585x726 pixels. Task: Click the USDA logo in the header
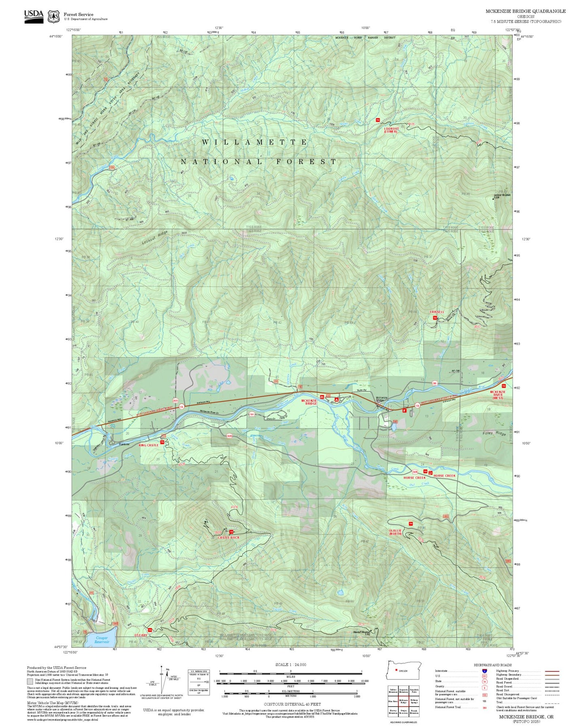click(34, 16)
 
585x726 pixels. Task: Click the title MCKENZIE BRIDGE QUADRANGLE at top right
click(525, 11)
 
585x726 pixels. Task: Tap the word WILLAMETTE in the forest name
click(255, 142)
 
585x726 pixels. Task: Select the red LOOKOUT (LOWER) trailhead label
click(391, 130)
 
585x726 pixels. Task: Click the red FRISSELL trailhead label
click(437, 312)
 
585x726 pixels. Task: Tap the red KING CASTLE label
click(149, 445)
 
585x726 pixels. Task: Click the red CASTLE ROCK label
click(228, 537)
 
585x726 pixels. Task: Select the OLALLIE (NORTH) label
click(396, 532)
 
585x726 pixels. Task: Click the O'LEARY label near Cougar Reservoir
click(140, 635)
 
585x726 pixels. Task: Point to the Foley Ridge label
click(494, 433)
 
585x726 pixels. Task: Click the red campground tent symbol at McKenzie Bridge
click(336, 399)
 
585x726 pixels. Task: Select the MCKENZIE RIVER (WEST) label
click(498, 395)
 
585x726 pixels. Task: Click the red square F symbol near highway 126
click(404, 410)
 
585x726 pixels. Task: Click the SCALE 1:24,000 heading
click(290, 664)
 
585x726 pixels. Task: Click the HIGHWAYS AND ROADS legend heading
click(492, 665)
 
